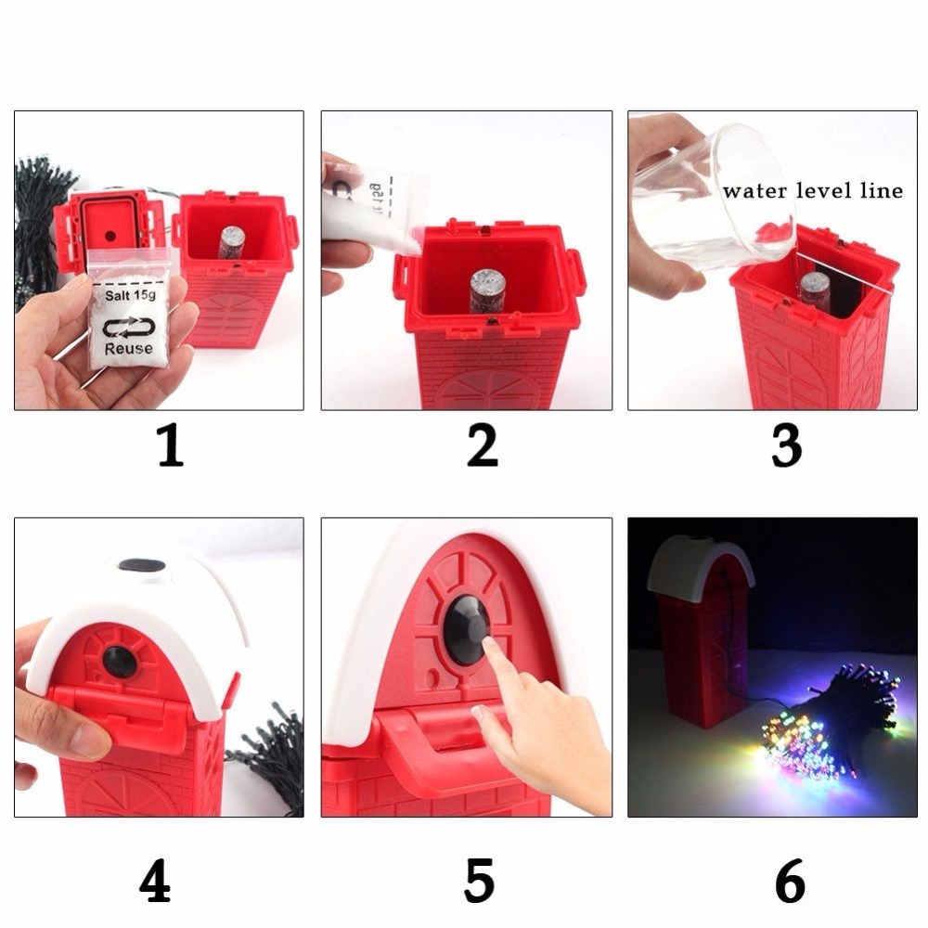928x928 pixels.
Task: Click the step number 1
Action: click(x=171, y=445)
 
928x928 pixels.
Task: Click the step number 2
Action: click(x=482, y=445)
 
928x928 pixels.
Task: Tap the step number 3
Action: click(x=787, y=445)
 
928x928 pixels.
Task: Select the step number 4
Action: click(x=155, y=880)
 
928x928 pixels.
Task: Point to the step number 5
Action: click(x=479, y=880)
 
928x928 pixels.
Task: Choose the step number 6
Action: click(x=790, y=880)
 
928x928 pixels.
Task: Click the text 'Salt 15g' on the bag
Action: click(x=130, y=295)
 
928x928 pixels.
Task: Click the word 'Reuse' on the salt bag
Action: click(x=128, y=349)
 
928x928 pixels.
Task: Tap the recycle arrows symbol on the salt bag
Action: click(x=129, y=328)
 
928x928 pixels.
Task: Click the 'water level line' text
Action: click(x=813, y=190)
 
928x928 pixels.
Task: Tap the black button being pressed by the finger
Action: click(x=468, y=628)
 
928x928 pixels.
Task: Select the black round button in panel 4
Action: click(x=120, y=663)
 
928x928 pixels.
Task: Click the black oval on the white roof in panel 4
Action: click(x=142, y=566)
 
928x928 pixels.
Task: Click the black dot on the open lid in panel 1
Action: click(x=110, y=236)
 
